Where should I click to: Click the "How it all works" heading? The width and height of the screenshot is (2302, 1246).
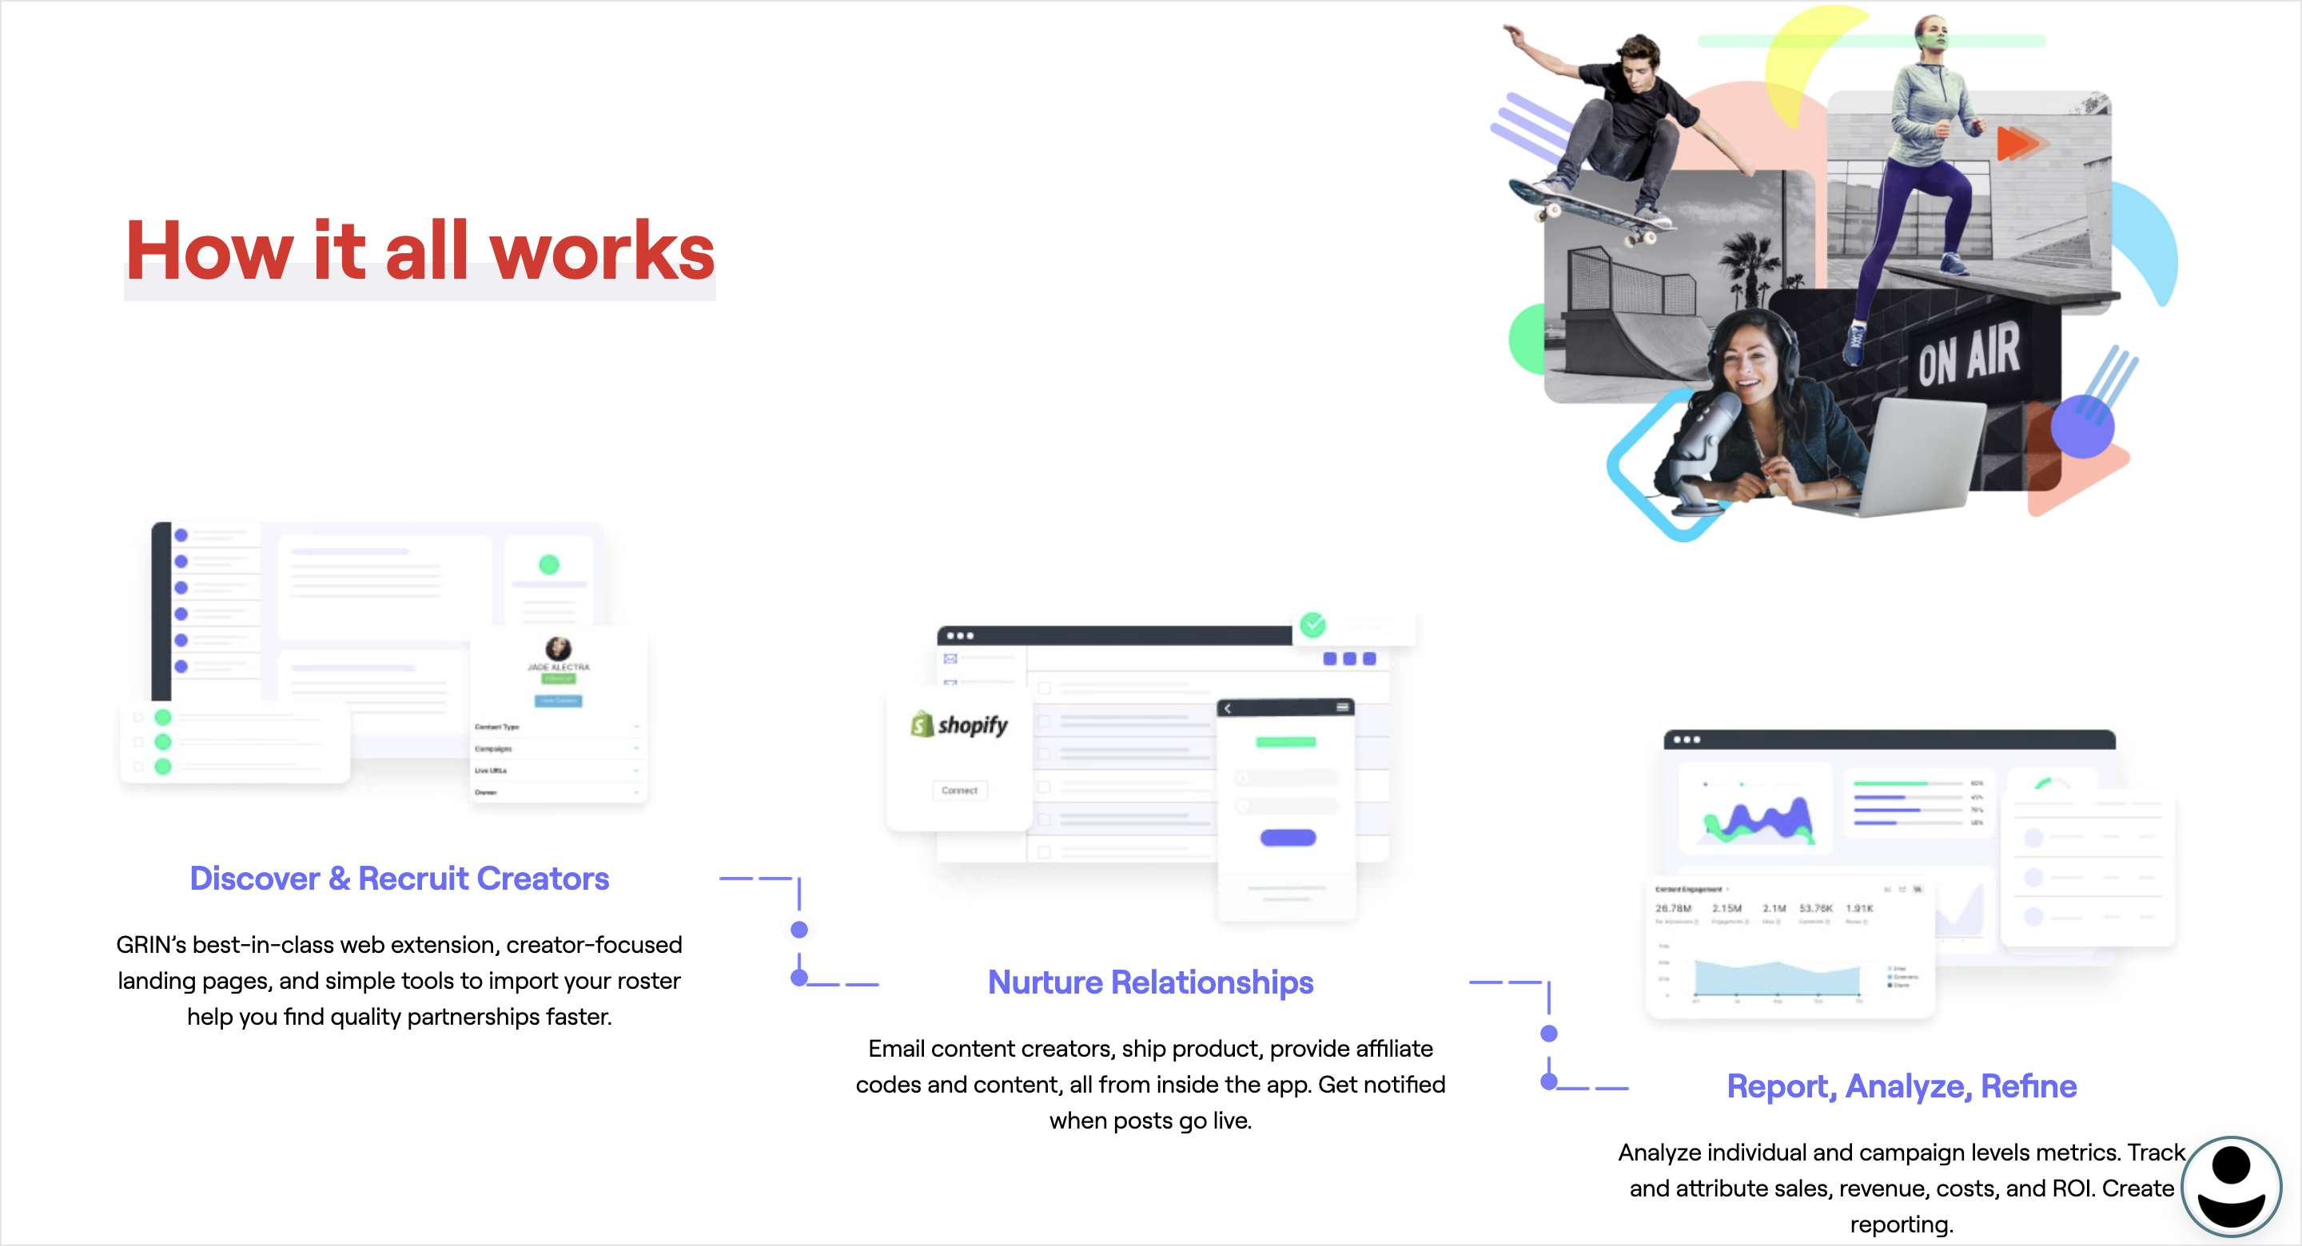click(x=420, y=251)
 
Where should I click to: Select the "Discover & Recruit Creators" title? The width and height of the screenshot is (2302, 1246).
click(x=400, y=879)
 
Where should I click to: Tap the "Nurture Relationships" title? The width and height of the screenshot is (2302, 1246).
click(x=1150, y=982)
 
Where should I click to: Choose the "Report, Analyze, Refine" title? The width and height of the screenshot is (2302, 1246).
click(x=1901, y=1086)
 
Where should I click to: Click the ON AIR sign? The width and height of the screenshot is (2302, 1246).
click(x=1968, y=354)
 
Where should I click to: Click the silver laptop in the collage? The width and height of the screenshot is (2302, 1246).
click(x=1922, y=455)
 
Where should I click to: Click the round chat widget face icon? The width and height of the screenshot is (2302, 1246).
click(x=2231, y=1187)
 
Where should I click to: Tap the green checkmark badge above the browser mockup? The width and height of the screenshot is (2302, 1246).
click(x=1312, y=625)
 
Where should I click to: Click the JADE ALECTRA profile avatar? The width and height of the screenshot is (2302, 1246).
click(x=559, y=649)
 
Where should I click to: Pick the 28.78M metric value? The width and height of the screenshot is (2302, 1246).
click(x=1673, y=908)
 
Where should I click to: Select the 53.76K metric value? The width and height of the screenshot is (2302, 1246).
click(x=1815, y=908)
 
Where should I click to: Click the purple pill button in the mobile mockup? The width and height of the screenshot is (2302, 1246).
click(x=1288, y=838)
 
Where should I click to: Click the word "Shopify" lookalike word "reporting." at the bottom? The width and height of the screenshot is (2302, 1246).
click(x=1901, y=1224)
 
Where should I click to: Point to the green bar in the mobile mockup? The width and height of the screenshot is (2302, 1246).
click(x=1286, y=742)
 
